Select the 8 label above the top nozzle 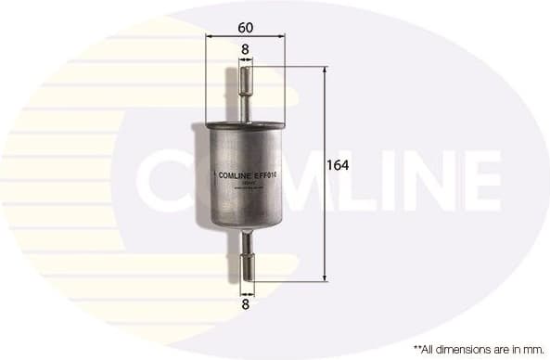245,48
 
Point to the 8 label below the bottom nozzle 246,302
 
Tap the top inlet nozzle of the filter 246,88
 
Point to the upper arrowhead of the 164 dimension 325,71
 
